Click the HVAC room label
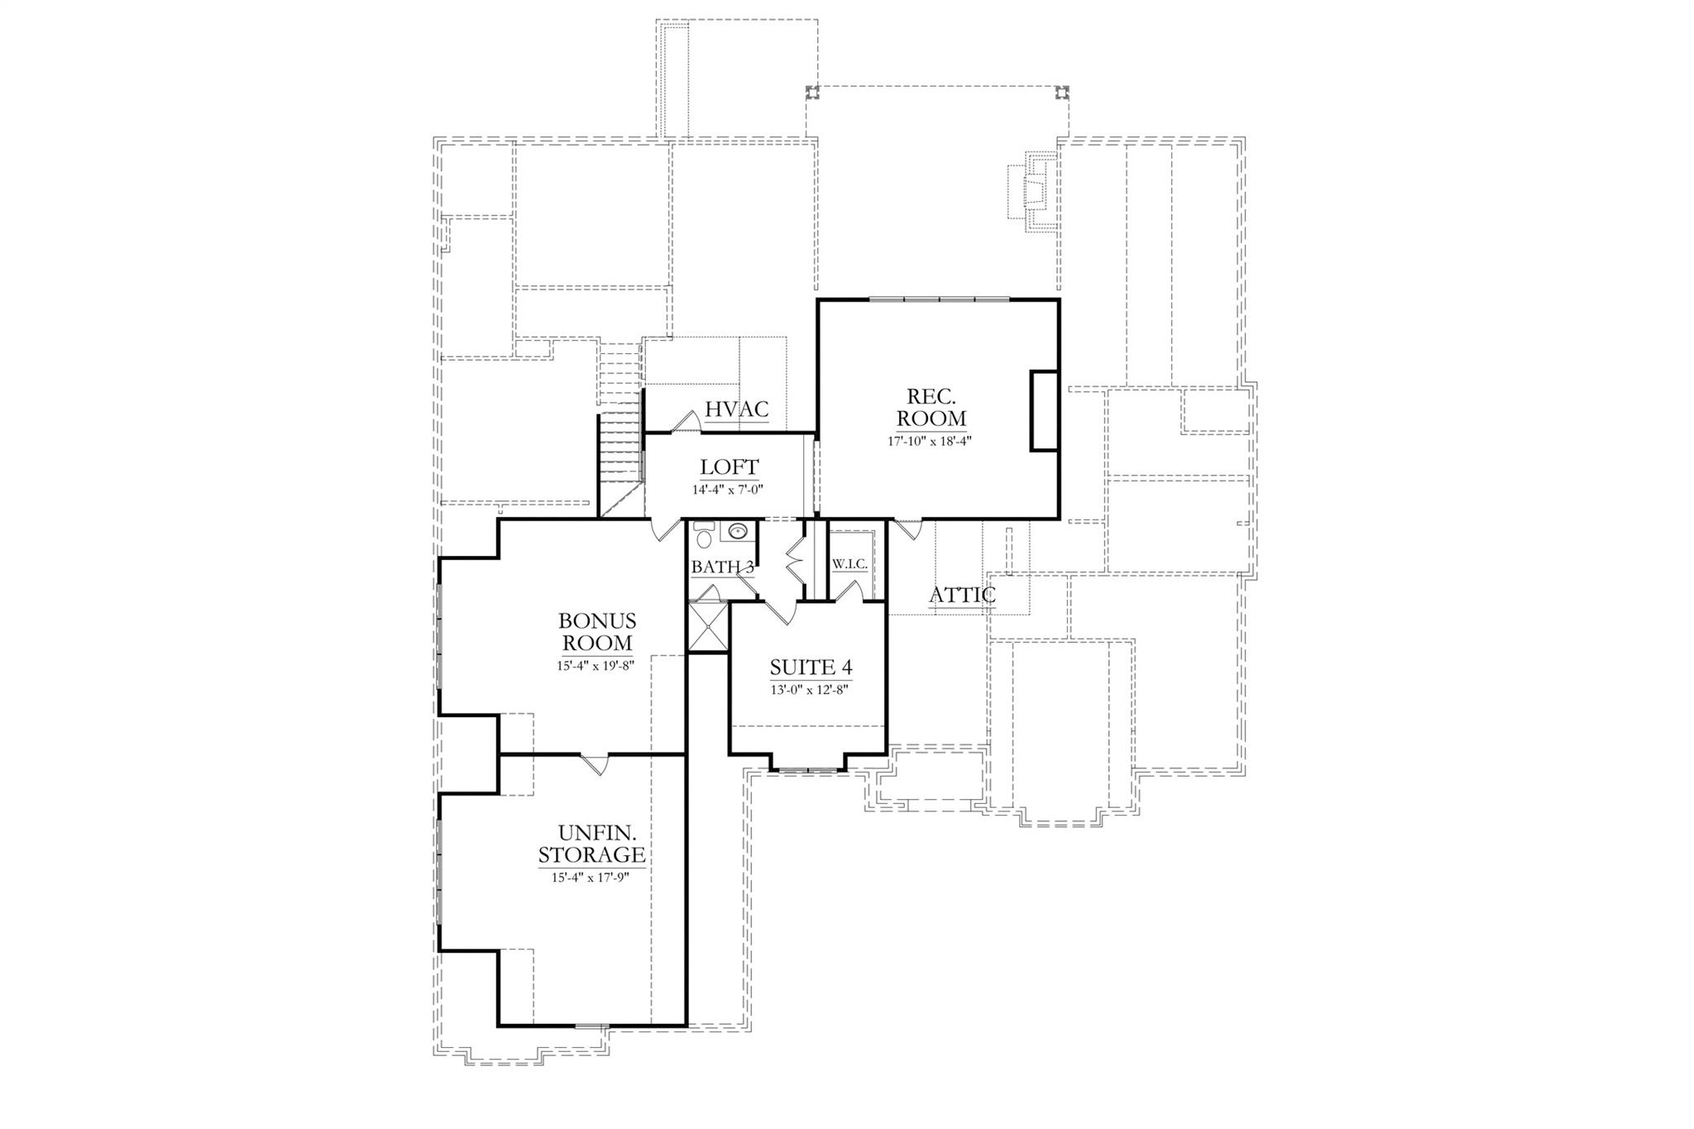click(736, 409)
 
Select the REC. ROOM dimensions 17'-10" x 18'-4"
click(930, 441)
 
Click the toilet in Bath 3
click(703, 537)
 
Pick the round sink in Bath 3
click(739, 530)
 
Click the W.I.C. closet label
click(849, 564)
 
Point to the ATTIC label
click(962, 595)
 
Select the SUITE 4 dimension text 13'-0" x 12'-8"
click(810, 688)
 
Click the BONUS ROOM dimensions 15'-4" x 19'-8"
click(596, 665)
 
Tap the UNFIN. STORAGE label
click(591, 843)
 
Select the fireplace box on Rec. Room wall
click(1044, 411)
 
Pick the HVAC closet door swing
click(686, 422)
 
